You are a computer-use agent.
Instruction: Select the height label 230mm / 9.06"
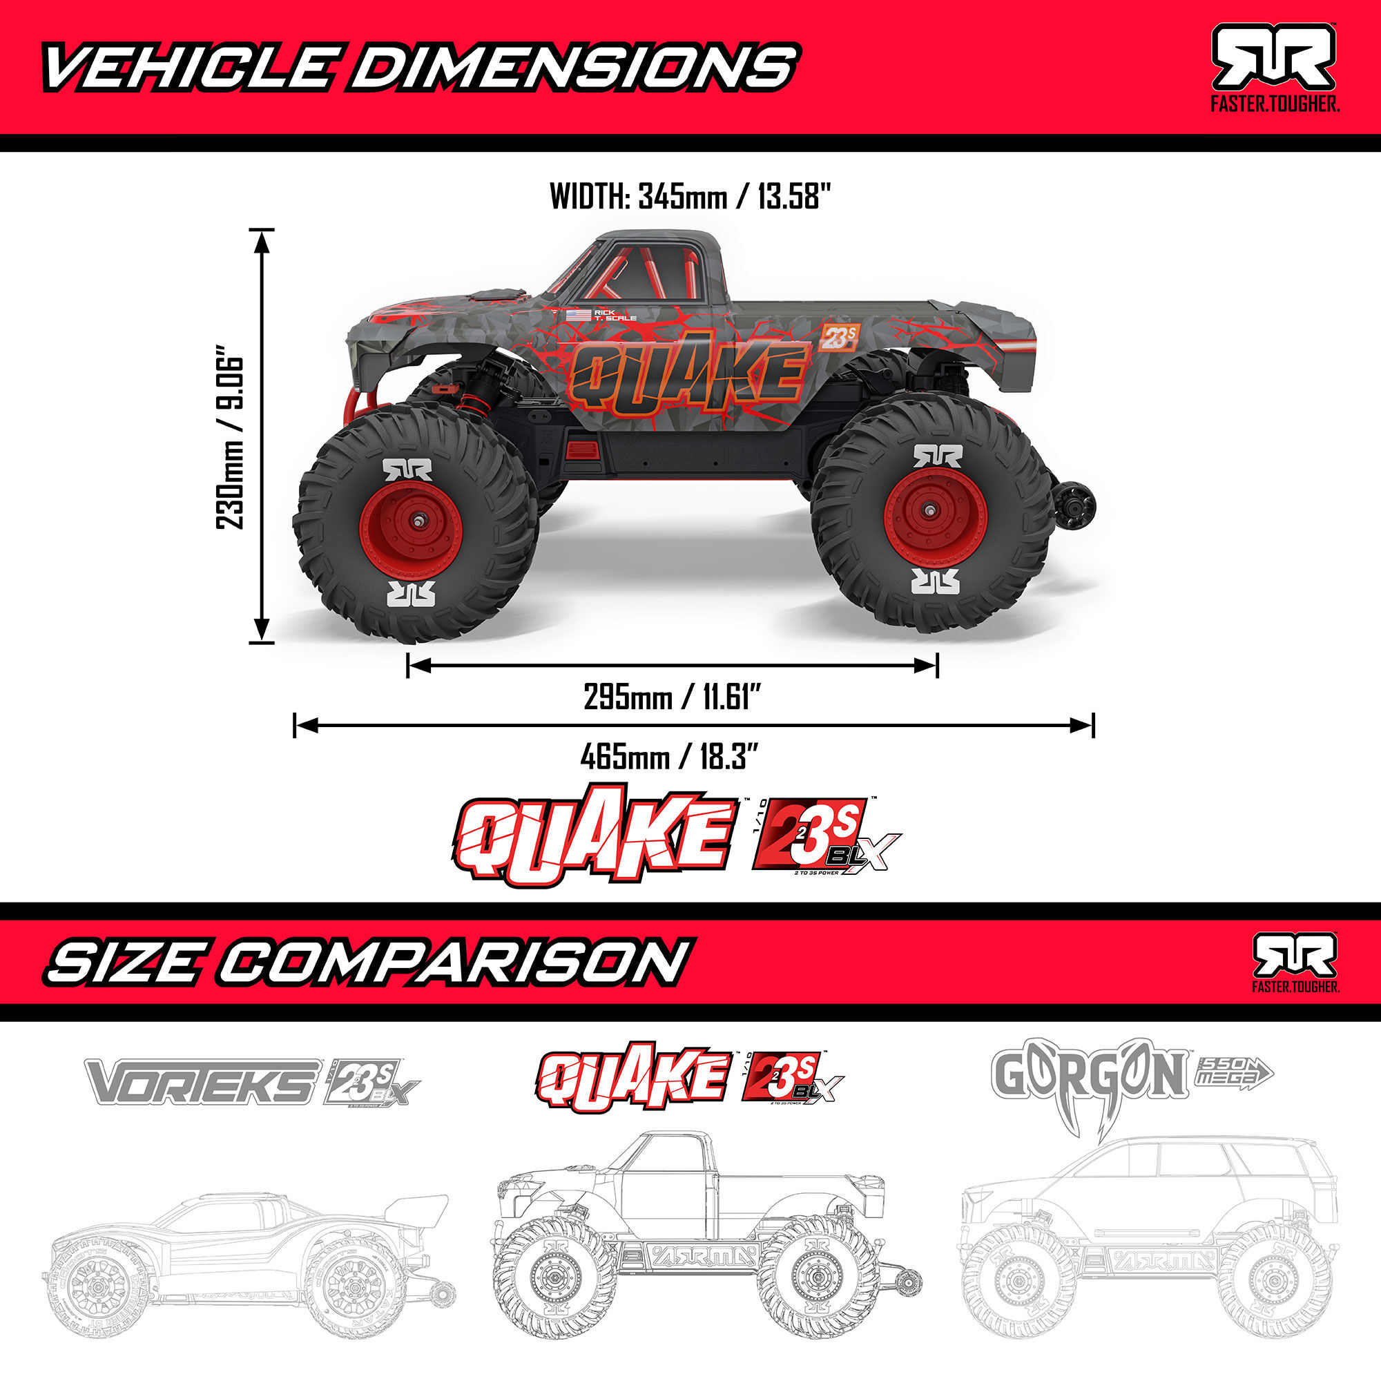coord(231,437)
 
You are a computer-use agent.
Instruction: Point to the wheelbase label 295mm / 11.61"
coord(670,697)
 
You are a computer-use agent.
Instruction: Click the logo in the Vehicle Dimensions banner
coord(1273,57)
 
